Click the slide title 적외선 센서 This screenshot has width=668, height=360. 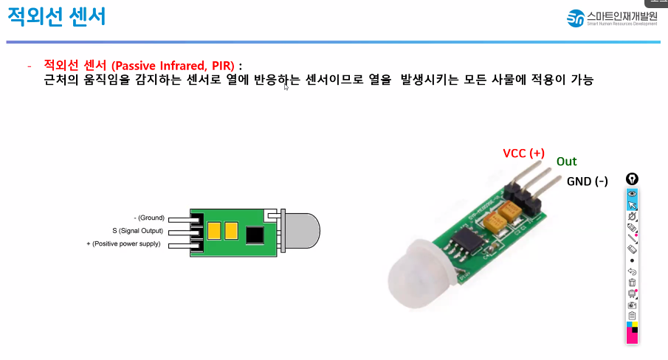(56, 17)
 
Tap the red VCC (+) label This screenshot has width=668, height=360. (523, 153)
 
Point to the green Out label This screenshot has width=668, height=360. (566, 162)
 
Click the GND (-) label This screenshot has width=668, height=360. (587, 181)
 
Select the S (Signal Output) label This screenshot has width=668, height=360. (137, 231)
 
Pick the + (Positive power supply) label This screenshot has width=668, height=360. (123, 243)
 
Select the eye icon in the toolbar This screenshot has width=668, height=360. (632, 193)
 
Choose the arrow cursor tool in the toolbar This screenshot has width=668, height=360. (632, 205)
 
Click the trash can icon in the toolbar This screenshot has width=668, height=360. (632, 282)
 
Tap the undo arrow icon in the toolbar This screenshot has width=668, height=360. (632, 271)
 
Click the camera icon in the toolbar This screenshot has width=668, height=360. (632, 304)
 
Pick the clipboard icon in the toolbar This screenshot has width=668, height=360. (632, 315)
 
